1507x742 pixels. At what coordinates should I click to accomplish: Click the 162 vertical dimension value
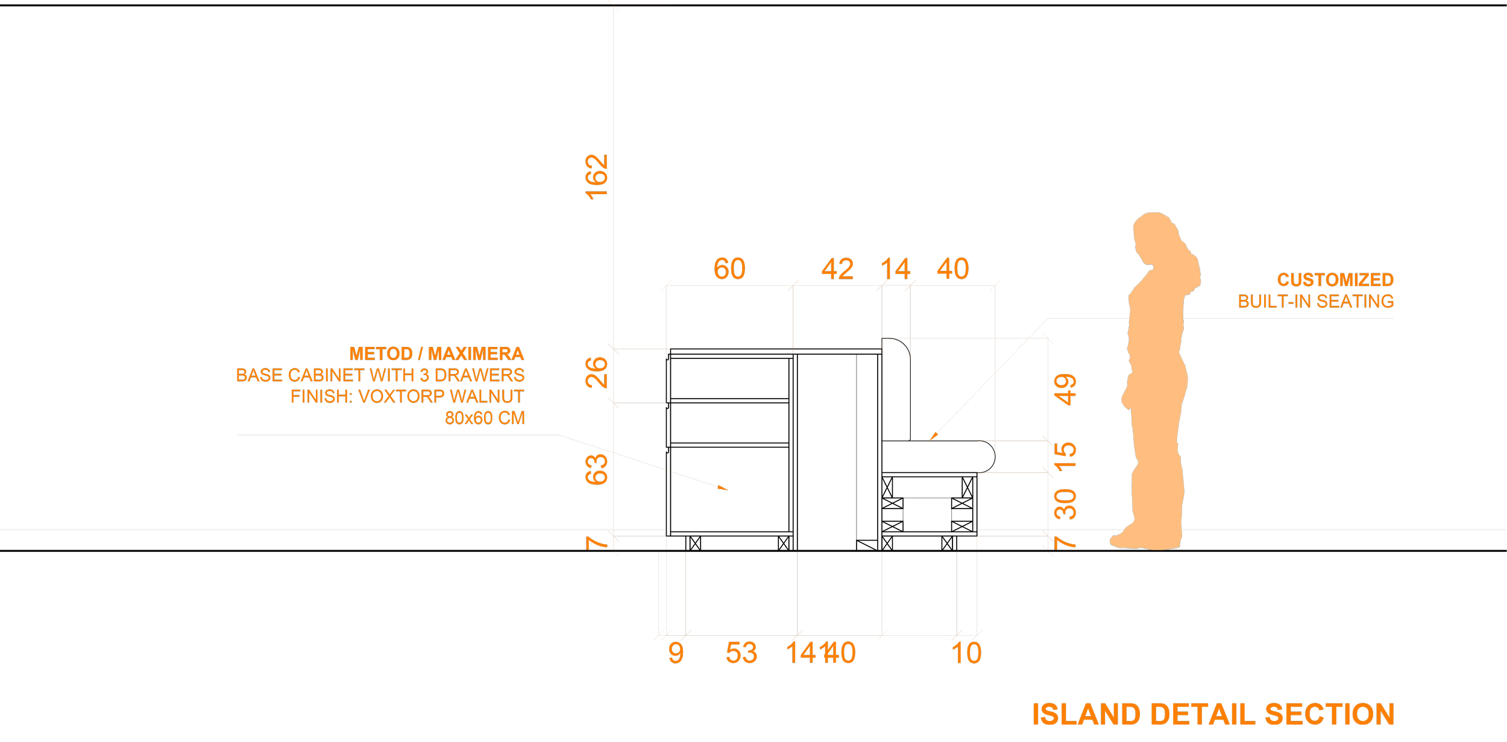[x=597, y=177]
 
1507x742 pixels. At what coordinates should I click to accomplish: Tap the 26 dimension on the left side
[x=597, y=372]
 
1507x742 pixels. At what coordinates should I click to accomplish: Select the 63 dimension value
[x=597, y=469]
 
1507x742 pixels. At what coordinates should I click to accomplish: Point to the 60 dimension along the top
[x=729, y=269]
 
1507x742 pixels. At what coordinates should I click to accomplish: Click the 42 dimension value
[x=837, y=269]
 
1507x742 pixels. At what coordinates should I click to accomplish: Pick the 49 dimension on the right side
[x=1065, y=390]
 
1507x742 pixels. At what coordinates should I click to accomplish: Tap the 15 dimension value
[x=1065, y=457]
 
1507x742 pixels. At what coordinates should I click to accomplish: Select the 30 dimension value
[x=1065, y=504]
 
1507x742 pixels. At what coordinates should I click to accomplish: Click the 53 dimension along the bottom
[x=741, y=653]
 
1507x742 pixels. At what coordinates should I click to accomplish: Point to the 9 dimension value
[x=676, y=653]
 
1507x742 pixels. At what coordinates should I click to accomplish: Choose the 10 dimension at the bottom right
[x=966, y=653]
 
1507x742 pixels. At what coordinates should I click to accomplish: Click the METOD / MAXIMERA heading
[x=436, y=354]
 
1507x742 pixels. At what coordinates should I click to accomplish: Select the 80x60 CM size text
[x=485, y=418]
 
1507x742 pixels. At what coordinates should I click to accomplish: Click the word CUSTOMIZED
[x=1335, y=280]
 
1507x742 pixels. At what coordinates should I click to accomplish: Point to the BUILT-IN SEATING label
[x=1315, y=302]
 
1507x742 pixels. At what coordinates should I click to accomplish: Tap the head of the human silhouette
[x=1154, y=232]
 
